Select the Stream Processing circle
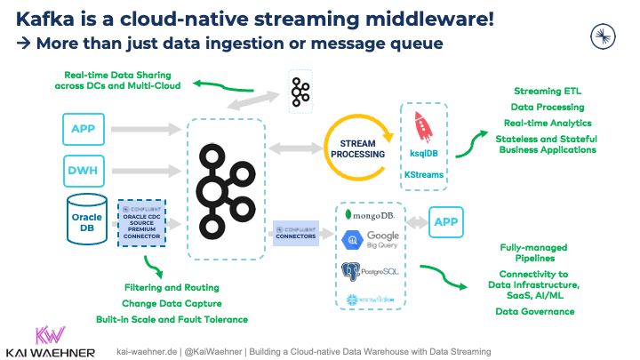pos(356,147)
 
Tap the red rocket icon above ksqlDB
pos(424,125)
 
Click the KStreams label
pos(424,176)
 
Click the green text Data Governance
pos(536,311)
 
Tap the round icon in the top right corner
pos(604,34)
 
